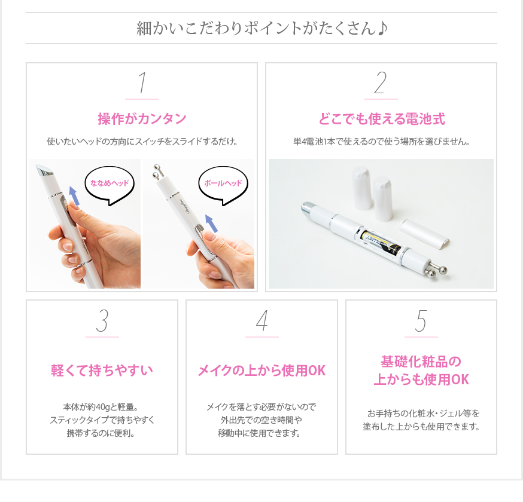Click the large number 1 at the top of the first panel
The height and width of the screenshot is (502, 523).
coord(142,82)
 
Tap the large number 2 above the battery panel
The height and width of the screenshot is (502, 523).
coord(381,82)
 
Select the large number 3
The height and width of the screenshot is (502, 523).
coord(102,321)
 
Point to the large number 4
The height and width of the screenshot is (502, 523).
coord(262,321)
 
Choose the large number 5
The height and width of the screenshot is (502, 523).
coord(421,321)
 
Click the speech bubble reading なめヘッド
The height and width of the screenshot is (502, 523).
coord(110,185)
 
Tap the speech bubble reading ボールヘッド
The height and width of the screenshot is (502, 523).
coord(223,185)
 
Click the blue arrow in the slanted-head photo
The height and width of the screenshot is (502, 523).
coord(74,196)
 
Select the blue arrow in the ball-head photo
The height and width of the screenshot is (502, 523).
coord(211,223)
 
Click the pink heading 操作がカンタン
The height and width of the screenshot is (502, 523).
coord(142,119)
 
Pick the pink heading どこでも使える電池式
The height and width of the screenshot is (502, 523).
coord(382,119)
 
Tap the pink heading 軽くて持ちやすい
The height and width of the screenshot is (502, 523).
coord(102,371)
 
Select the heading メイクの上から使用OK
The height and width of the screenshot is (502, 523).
coord(262,371)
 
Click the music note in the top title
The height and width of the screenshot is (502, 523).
coord(382,28)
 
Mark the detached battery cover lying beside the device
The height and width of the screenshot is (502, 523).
coord(424,233)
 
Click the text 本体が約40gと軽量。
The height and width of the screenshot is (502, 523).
coord(101,407)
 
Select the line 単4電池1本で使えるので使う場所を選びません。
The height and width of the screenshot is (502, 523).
coord(382,142)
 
